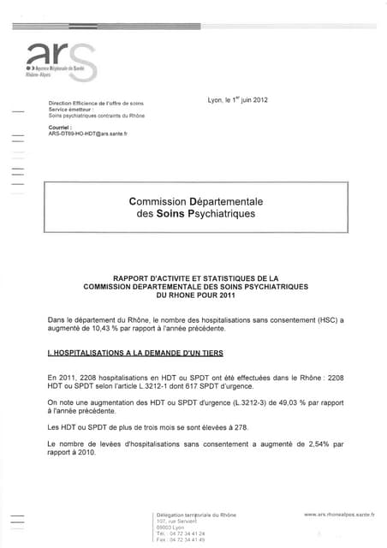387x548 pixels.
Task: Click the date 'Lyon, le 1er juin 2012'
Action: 237,100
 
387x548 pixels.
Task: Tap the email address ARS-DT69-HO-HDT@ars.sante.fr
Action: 87,134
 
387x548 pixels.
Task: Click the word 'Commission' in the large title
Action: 161,201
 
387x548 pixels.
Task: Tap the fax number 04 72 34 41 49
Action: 186,539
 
